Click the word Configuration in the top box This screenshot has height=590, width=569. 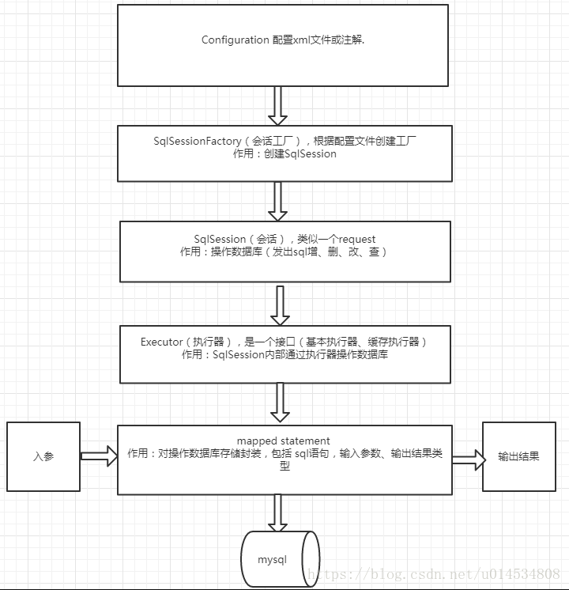(x=235, y=40)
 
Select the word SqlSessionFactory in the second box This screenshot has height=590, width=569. (x=197, y=142)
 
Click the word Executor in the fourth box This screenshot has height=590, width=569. (x=161, y=342)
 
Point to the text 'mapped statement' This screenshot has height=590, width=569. (x=283, y=441)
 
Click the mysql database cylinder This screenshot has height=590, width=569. (x=280, y=559)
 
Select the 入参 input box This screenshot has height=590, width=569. (x=43, y=456)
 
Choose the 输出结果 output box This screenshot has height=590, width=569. (x=518, y=456)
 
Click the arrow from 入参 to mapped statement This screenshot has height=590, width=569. (x=99, y=456)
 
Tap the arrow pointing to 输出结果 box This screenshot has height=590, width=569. (x=468, y=459)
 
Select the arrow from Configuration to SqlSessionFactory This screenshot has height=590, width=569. (x=277, y=105)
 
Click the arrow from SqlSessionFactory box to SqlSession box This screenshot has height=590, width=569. (x=277, y=201)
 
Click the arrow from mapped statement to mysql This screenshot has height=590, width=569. (x=277, y=512)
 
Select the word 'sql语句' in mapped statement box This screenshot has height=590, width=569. (x=315, y=454)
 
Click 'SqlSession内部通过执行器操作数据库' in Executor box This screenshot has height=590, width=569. (x=300, y=355)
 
